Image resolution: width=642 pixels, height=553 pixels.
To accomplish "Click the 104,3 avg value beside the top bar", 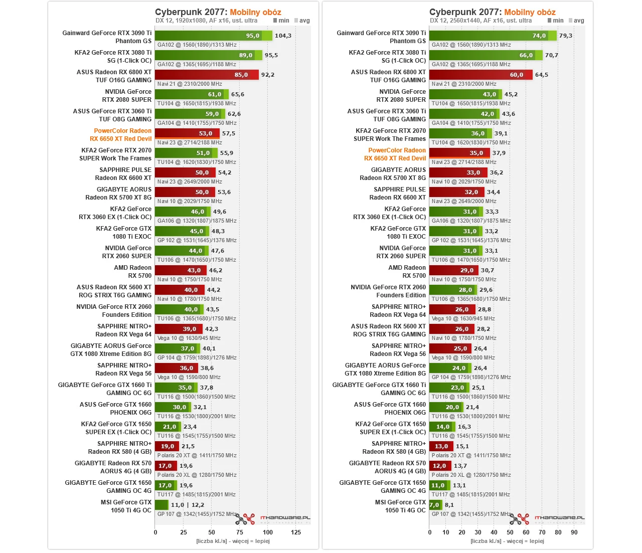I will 283,36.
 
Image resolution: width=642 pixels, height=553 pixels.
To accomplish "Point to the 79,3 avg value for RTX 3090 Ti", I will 565,36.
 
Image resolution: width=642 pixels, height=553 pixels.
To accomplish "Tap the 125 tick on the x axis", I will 296,532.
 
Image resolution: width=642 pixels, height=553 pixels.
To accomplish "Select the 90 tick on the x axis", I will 574,532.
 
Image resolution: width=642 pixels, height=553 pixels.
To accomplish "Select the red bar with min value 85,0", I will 207,75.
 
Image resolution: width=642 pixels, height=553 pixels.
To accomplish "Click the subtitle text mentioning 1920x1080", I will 206,21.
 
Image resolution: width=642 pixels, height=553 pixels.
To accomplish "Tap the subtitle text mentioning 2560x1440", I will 480,21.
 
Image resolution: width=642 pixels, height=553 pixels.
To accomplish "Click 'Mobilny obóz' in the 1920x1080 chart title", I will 255,12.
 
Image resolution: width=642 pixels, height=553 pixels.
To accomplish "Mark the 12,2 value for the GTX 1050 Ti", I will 198,505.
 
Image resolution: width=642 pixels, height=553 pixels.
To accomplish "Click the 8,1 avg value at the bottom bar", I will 449,505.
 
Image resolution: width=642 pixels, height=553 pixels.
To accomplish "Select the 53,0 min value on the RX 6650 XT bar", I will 206,133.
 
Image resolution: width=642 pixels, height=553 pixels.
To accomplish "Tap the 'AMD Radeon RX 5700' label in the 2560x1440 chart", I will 406,272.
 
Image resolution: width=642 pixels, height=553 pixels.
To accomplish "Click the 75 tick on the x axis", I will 240,532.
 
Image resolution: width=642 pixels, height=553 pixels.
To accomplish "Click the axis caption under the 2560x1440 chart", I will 507,541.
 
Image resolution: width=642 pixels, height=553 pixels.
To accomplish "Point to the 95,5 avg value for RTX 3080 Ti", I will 271,55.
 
